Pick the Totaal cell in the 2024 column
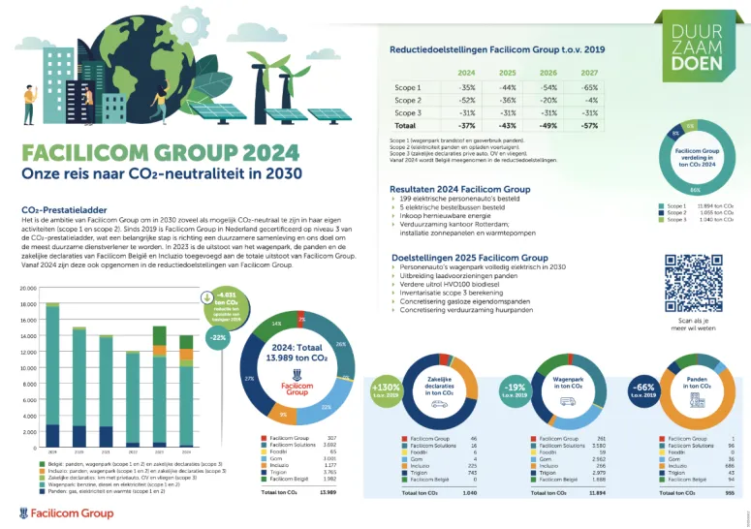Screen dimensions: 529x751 tap(466, 126)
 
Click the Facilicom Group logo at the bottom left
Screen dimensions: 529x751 tap(67, 512)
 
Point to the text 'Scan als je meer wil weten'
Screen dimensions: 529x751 tap(692, 327)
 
